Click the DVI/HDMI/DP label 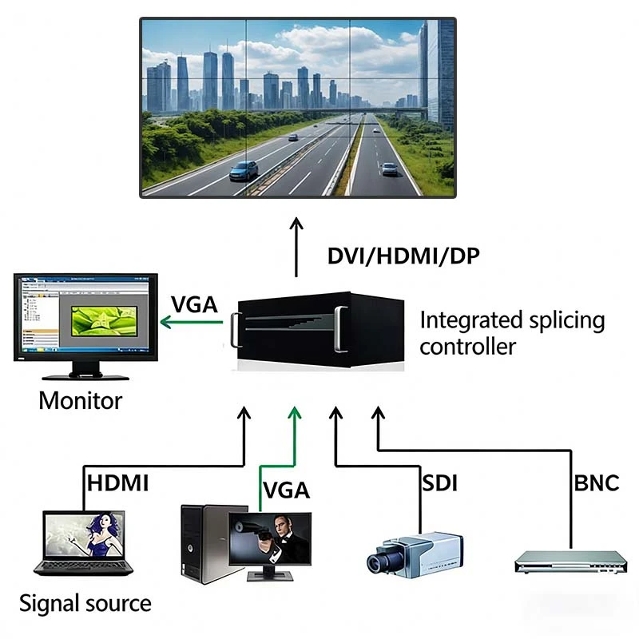coord(404,256)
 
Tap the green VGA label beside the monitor coord(195,304)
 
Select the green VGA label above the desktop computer coord(286,489)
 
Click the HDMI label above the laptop coord(117,482)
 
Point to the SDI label coord(439,482)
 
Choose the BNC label coord(596,482)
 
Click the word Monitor coord(81,399)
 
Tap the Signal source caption coord(85,602)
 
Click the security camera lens coord(378,562)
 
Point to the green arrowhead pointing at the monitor coord(165,322)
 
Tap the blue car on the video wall coord(244,170)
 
